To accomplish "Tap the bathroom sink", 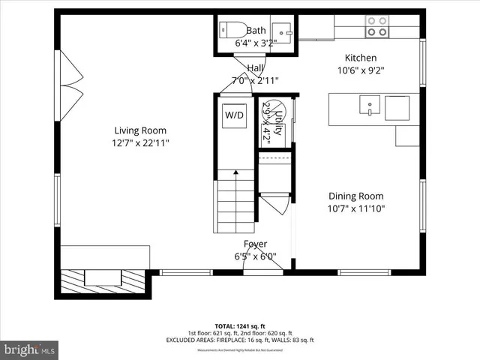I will point(281,31).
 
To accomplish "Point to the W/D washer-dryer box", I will point(234,115).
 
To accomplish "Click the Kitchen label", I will point(360,58).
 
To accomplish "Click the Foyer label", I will point(255,244).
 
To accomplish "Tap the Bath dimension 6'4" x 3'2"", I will point(256,43).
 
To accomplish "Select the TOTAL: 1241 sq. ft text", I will point(240,326).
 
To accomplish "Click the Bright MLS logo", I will point(30,349).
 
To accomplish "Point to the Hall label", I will point(255,68).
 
